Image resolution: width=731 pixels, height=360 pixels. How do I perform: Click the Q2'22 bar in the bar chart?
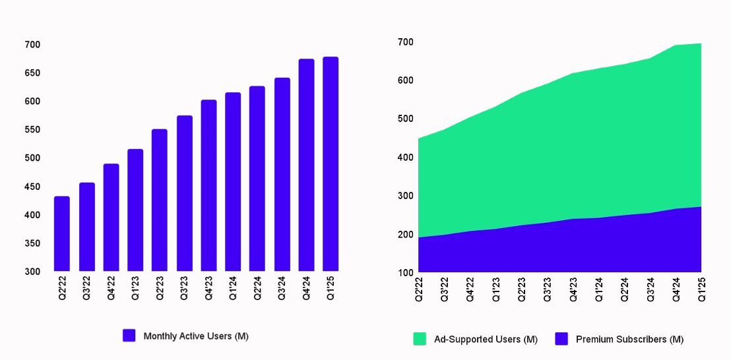pyautogui.click(x=62, y=234)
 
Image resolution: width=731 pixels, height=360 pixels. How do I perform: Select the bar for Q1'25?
pyautogui.click(x=331, y=164)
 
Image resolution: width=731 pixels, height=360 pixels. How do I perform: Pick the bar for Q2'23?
pyautogui.click(x=160, y=200)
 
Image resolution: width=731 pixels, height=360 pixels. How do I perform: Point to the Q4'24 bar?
pyautogui.click(x=306, y=165)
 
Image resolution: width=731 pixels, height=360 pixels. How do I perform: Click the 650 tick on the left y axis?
pyautogui.click(x=32, y=73)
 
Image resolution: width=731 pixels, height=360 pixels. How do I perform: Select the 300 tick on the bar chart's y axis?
pyautogui.click(x=32, y=272)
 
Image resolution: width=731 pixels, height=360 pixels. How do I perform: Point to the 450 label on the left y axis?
pyautogui.click(x=32, y=187)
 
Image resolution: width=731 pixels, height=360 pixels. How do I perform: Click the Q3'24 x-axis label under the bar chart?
pyautogui.click(x=282, y=288)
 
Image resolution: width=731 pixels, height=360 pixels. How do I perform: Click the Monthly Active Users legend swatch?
pyautogui.click(x=129, y=336)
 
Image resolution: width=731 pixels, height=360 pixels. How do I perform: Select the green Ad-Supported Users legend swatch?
pyautogui.click(x=420, y=339)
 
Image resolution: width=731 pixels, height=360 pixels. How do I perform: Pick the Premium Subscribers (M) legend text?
pyautogui.click(x=629, y=340)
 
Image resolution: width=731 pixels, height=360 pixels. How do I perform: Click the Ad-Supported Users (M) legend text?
pyautogui.click(x=486, y=340)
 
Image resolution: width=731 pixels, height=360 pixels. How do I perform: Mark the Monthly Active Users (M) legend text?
pyautogui.click(x=196, y=336)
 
